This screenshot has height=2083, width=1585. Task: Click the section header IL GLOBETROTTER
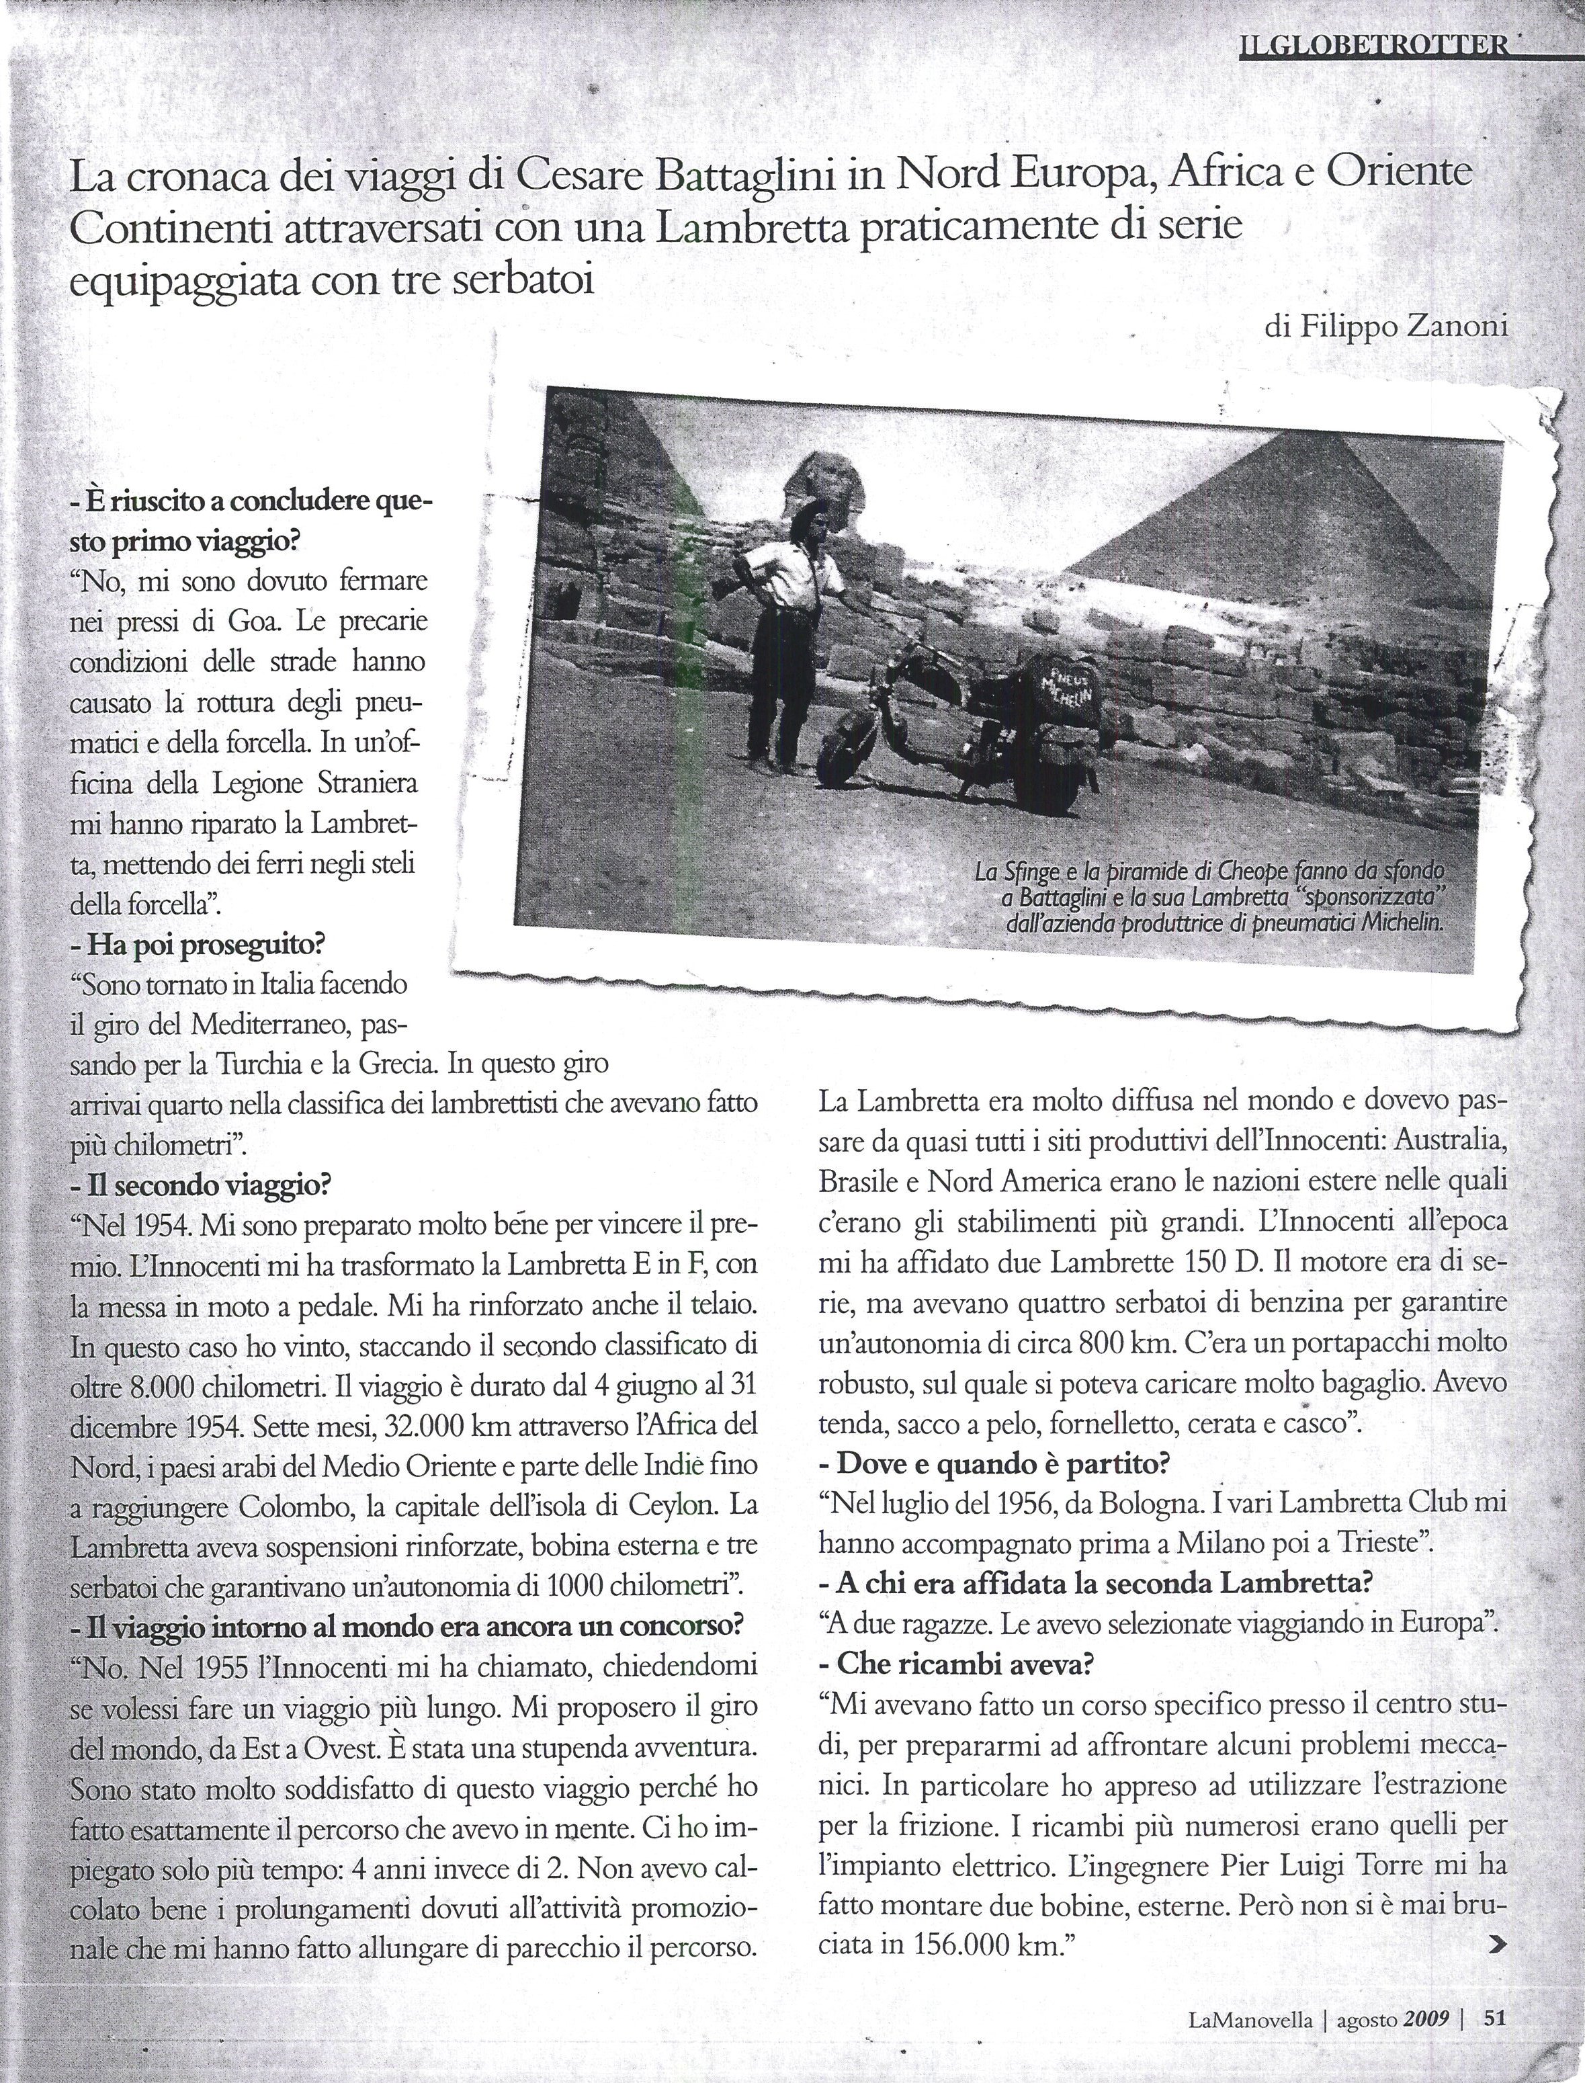pos(1373,45)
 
